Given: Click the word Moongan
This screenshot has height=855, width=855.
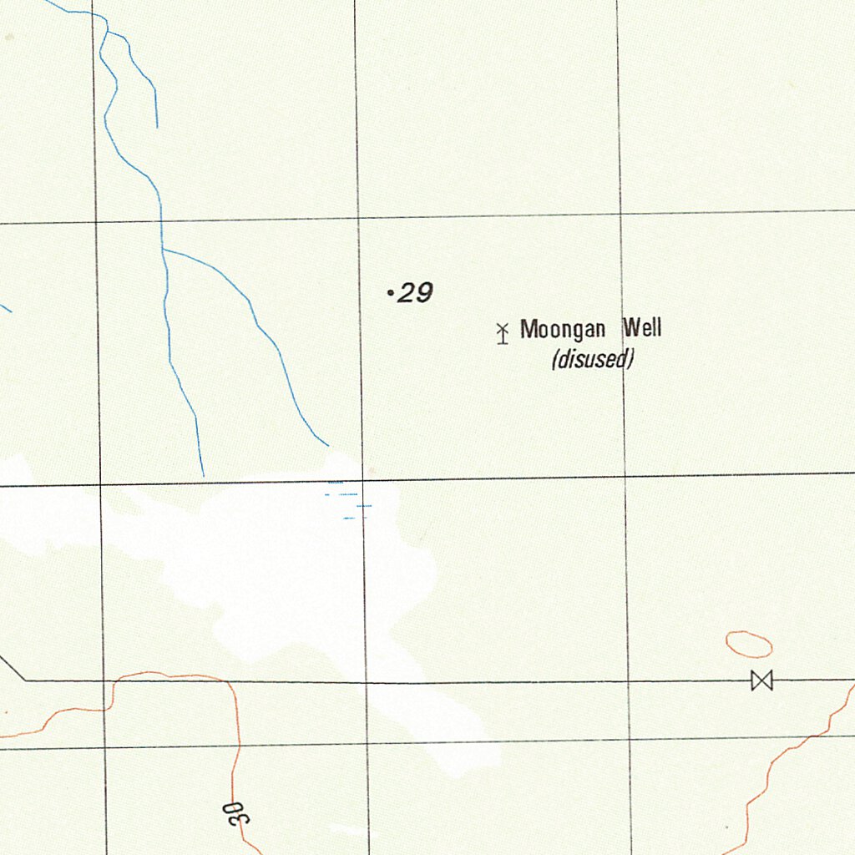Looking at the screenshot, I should pyautogui.click(x=562, y=329).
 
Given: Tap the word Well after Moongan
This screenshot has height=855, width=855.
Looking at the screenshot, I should pyautogui.click(x=641, y=328).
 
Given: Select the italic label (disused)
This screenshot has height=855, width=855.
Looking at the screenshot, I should pyautogui.click(x=593, y=360).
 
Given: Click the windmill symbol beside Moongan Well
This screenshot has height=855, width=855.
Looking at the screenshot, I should pyautogui.click(x=503, y=333).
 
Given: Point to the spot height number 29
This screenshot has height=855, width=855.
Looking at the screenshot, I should pyautogui.click(x=415, y=293).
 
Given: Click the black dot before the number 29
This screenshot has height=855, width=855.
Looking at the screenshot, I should pyautogui.click(x=391, y=293).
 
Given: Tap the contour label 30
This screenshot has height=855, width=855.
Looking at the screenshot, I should pyautogui.click(x=236, y=812).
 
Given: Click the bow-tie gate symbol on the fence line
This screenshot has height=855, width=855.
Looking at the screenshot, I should pyautogui.click(x=761, y=680).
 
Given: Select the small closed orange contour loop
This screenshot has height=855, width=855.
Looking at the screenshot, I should pyautogui.click(x=749, y=644).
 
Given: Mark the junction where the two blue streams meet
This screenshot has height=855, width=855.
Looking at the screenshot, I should pyautogui.click(x=163, y=249).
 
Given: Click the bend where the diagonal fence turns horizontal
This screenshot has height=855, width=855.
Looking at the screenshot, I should pyautogui.click(x=25, y=680).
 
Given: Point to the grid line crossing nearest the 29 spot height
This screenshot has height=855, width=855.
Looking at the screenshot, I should pyautogui.click(x=358, y=218).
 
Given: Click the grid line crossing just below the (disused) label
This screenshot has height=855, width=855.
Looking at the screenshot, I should pyautogui.click(x=625, y=476).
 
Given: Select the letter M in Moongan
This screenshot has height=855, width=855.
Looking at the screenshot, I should pyautogui.click(x=528, y=329).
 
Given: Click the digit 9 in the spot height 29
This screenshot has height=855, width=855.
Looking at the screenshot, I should pyautogui.click(x=423, y=293).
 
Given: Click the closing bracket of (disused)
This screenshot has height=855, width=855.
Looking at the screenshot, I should pyautogui.click(x=632, y=360).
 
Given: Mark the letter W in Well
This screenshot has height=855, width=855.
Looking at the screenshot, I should pyautogui.click(x=630, y=328).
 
